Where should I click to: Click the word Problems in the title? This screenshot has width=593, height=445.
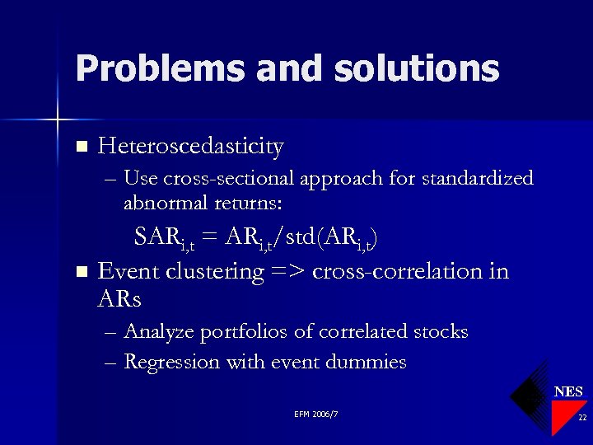tap(159, 68)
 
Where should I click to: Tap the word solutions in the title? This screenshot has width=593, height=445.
tap(418, 68)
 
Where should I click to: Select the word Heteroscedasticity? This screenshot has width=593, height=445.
tap(190, 147)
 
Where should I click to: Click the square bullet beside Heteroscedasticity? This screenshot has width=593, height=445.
tap(81, 148)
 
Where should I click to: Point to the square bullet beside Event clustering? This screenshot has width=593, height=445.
tap(81, 271)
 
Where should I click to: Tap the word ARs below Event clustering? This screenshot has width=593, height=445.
tap(119, 300)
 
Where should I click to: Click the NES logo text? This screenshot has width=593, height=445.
tap(568, 391)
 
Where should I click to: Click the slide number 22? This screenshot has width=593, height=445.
tap(581, 418)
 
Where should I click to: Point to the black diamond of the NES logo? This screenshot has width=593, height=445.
tap(528, 396)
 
